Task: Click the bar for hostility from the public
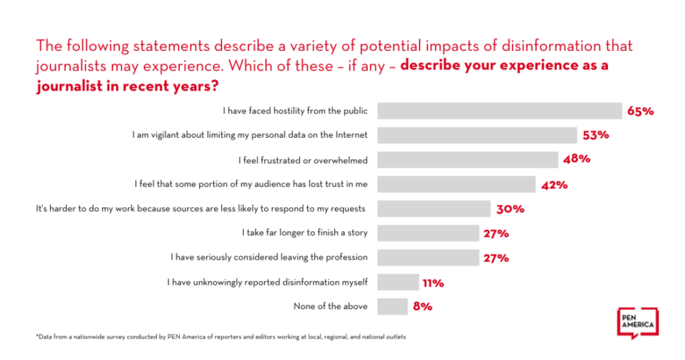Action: [x=499, y=110]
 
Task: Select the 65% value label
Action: [x=640, y=111]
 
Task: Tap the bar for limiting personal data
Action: [x=476, y=135]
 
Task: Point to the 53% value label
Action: [x=595, y=135]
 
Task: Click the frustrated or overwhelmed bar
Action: [x=467, y=160]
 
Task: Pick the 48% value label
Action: [x=576, y=160]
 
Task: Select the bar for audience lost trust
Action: [x=456, y=184]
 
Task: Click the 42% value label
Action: [x=554, y=185]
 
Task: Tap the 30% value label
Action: [x=510, y=209]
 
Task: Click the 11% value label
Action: [x=433, y=282]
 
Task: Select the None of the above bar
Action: [x=392, y=306]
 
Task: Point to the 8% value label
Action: [x=422, y=306]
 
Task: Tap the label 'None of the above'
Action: [x=330, y=306]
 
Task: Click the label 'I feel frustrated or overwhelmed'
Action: [x=304, y=160]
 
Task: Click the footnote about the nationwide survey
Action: [x=221, y=337]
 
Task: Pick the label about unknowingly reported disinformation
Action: [x=268, y=282]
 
